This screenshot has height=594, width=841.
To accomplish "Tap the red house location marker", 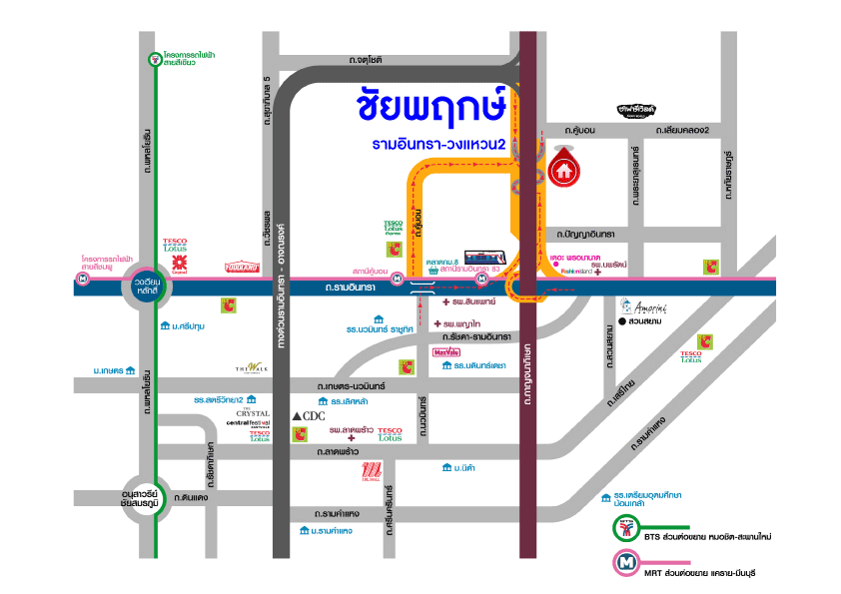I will coord(564,167).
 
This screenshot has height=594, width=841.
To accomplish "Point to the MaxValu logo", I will coord(446,352).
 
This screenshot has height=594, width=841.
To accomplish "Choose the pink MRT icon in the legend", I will coord(627,564).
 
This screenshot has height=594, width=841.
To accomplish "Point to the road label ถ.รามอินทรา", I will coord(349,288).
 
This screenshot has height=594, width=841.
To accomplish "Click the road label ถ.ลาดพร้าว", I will coord(338,452).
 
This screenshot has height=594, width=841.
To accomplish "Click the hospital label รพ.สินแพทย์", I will coord(473,300).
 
